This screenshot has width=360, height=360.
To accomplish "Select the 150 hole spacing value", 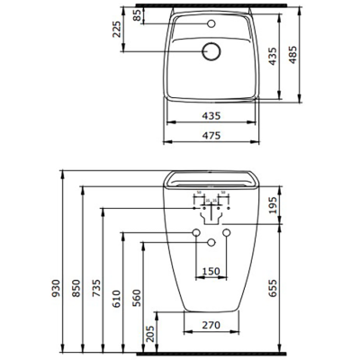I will pos(210,271).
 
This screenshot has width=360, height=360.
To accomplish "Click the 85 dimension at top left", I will pos(137,15).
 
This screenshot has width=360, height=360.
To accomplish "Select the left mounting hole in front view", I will pos(195,234).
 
